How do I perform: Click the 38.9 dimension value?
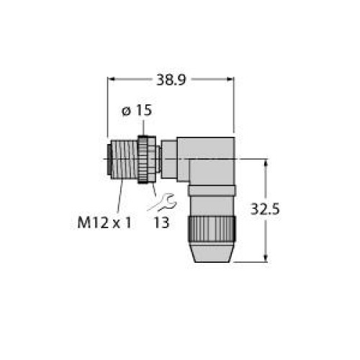[171, 80]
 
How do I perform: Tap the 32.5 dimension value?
[265, 209]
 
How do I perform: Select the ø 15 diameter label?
[137, 110]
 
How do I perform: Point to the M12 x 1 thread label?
[104, 222]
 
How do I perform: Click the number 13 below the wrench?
[161, 222]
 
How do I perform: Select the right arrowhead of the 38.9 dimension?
[230, 79]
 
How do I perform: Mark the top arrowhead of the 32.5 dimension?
[266, 163]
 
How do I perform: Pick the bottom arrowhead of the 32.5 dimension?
[266, 258]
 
